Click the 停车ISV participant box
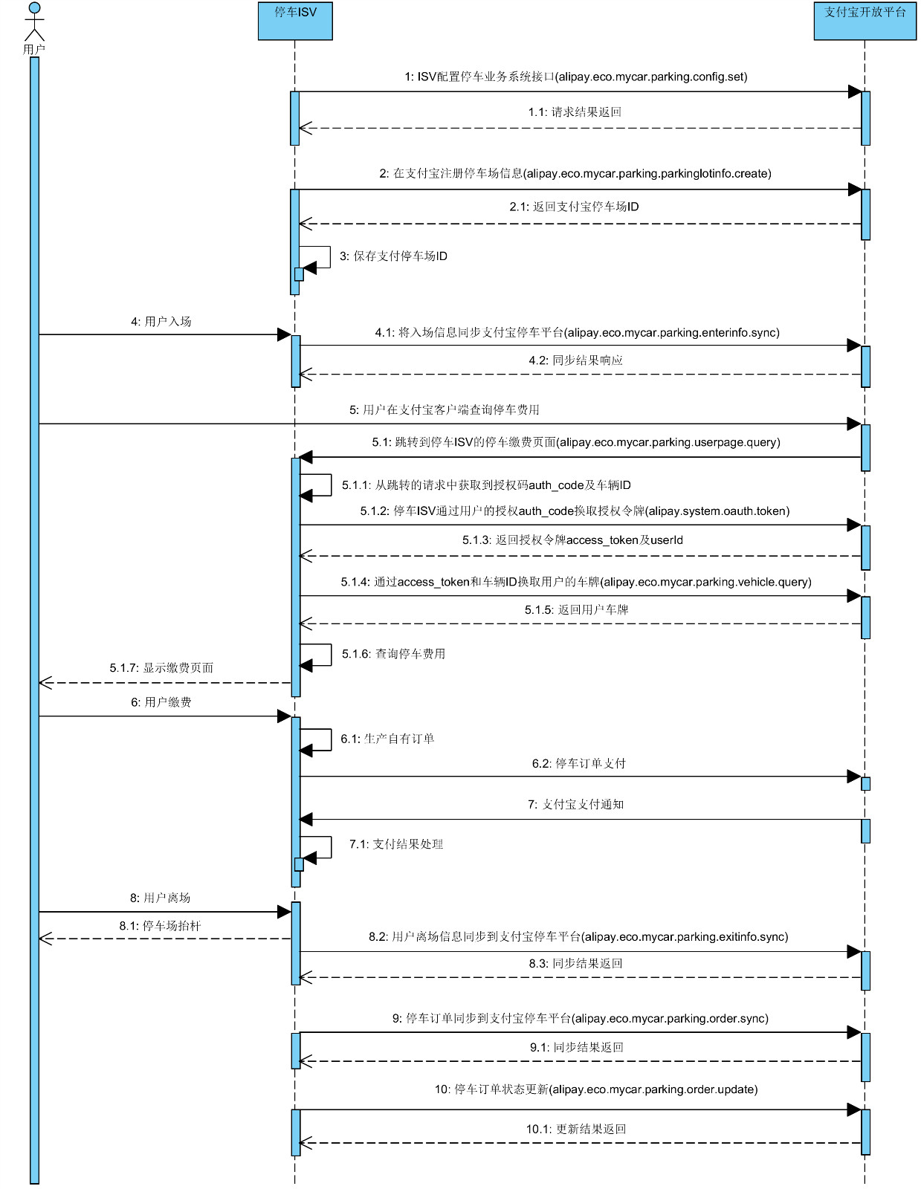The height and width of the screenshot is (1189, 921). pos(295,21)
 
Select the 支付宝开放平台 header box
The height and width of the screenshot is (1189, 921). pos(865,21)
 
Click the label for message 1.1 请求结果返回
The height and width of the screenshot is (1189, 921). pos(575,112)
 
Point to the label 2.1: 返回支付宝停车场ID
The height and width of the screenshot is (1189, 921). pos(574,207)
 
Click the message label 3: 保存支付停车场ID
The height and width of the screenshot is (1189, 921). pos(393,256)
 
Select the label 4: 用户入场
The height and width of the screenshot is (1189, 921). pos(161,322)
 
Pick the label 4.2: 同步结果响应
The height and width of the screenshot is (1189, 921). pos(575,360)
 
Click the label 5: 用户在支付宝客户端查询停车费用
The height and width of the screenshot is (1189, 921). pos(445,410)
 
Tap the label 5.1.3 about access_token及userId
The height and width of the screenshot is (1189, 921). pos(572,540)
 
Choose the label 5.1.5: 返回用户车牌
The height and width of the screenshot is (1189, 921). pos(576,610)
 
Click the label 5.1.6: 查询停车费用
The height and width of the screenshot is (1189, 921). pos(393,654)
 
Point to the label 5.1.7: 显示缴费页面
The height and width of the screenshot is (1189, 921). pos(161,668)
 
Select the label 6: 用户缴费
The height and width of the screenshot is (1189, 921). pos(161,702)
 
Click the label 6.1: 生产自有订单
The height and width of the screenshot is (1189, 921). pos(387,739)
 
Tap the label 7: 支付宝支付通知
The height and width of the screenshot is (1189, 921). pos(575,805)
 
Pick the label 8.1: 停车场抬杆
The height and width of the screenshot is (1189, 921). pos(160,926)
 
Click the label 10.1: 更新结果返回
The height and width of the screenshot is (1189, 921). pos(576,1130)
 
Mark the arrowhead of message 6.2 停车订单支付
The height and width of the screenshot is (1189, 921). pos(854,777)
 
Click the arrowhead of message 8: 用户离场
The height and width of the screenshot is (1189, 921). pos(284,912)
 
